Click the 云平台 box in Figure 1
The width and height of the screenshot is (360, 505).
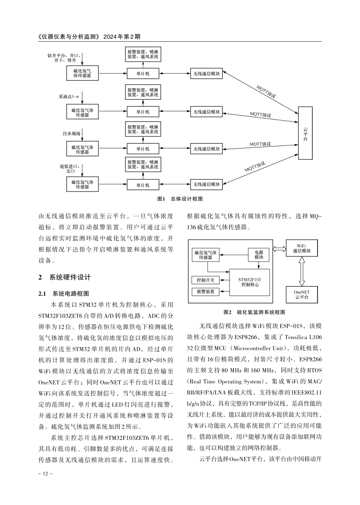(x=305, y=133)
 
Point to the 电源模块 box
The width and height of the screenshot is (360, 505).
(x=258, y=255)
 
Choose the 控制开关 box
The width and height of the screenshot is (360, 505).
(x=205, y=280)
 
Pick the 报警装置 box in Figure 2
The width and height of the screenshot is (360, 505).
(x=205, y=291)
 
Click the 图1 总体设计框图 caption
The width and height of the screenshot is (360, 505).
(x=180, y=199)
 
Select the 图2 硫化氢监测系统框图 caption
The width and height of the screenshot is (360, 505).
(x=254, y=312)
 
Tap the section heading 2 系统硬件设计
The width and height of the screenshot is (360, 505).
(x=65, y=277)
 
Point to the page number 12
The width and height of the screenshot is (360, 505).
(x=45, y=474)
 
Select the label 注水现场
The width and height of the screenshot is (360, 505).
(x=71, y=134)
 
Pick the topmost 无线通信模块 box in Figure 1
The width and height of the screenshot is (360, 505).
(x=207, y=73)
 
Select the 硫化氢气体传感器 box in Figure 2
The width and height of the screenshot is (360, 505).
(x=205, y=255)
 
